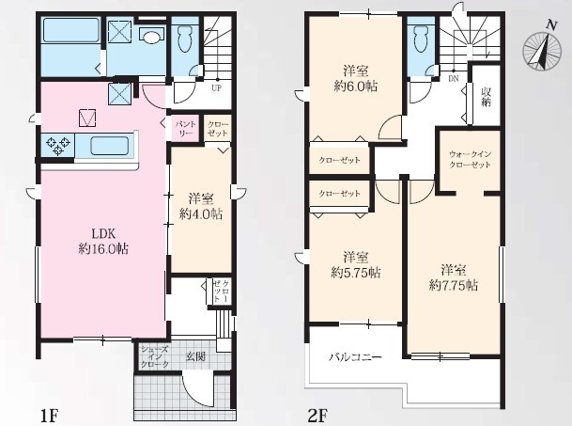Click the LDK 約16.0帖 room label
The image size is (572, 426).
(103, 241)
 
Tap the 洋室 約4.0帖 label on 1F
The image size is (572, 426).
(201, 206)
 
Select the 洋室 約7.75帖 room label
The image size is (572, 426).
(453, 277)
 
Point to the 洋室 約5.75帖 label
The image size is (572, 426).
(356, 264)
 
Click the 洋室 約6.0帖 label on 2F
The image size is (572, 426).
(356, 78)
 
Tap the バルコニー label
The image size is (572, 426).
(356, 356)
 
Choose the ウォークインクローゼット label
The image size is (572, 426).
(470, 159)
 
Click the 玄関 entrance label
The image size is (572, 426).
(196, 356)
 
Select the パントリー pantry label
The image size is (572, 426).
(186, 129)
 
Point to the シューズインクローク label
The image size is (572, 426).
(155, 356)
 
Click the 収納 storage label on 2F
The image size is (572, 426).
(487, 97)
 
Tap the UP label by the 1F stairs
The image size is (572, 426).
(216, 88)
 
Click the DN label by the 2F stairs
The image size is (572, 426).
(454, 79)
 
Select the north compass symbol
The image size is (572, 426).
(543, 48)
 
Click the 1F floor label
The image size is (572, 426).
(49, 416)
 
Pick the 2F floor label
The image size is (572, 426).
(317, 416)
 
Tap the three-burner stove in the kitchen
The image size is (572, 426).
(57, 145)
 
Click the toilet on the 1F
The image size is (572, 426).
(185, 39)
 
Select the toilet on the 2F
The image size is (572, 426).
(421, 39)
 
